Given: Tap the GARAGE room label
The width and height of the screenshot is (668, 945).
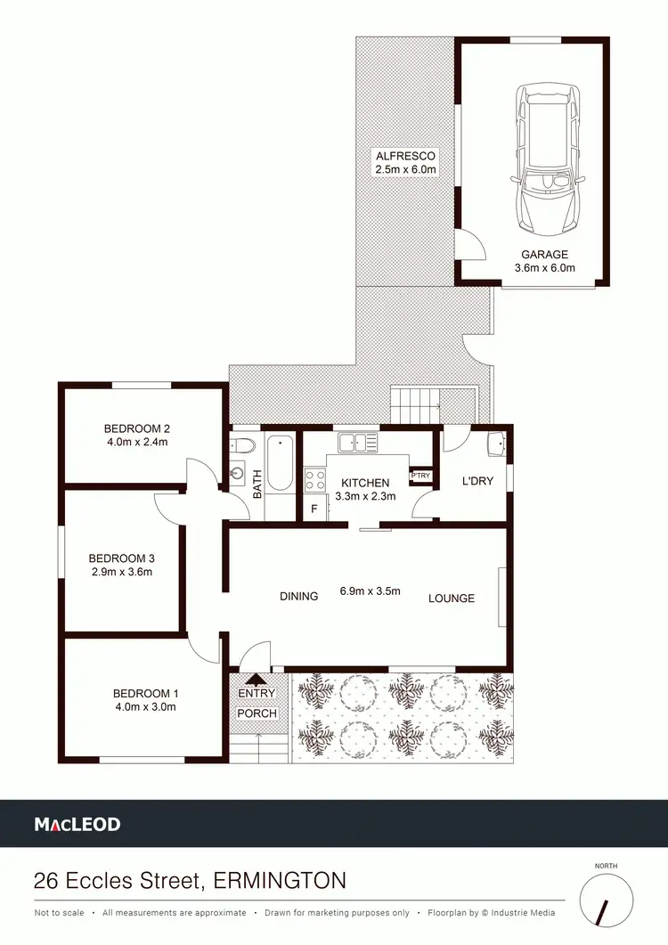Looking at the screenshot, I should click(545, 254).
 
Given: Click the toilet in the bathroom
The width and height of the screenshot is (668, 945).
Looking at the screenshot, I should click(243, 444).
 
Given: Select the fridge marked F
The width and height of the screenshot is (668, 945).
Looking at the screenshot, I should click(314, 509).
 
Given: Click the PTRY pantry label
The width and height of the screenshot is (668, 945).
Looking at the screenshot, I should click(420, 476).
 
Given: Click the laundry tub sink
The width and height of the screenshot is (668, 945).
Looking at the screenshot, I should click(496, 443).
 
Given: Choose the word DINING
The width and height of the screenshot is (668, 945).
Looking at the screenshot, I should click(298, 597).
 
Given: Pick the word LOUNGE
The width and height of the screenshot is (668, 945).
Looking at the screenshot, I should click(451, 598).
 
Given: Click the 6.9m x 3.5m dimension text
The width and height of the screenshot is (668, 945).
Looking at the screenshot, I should click(371, 591).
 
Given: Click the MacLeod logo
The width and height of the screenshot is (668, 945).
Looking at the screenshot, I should click(77, 825).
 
